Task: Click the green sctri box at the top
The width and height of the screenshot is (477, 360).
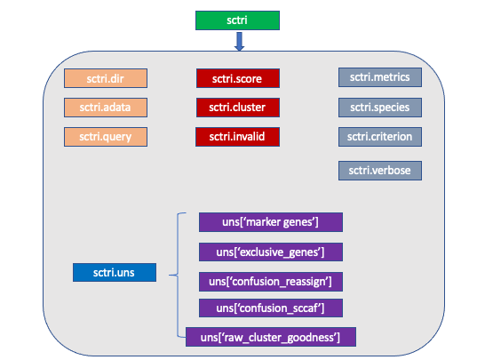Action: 237,20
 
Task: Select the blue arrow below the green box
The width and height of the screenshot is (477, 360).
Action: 240,42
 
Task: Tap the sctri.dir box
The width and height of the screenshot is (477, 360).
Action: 106,78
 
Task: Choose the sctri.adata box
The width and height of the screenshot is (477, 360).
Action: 106,108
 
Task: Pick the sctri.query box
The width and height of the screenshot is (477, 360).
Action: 106,137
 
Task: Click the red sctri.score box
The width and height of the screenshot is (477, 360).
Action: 237,78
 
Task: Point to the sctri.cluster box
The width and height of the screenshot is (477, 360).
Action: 237,108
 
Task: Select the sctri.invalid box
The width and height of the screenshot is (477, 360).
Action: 237,137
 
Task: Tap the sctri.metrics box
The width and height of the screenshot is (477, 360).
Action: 380,77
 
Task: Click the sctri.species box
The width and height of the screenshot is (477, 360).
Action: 380,108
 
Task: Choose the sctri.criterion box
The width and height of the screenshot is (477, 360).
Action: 380,137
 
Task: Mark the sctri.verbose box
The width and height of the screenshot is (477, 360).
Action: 380,171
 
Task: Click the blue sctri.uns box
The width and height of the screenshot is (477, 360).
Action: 115,272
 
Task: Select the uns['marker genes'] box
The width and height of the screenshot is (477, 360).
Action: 271,222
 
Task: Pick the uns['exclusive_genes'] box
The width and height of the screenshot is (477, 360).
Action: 271,252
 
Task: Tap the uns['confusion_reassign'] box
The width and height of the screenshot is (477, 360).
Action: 271,282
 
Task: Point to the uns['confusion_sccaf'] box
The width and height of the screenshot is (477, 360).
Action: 271,308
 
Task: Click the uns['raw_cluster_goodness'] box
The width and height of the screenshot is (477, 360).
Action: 271,337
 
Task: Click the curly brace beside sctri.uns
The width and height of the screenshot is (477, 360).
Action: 178,275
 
